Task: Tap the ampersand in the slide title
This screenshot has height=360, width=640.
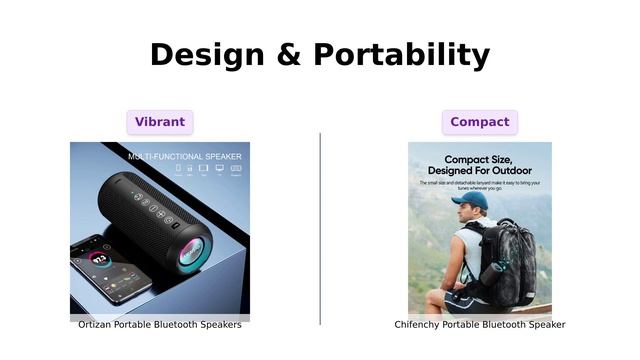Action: (289, 54)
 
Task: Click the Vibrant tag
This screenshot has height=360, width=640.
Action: (160, 122)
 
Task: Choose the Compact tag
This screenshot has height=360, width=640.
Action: (479, 122)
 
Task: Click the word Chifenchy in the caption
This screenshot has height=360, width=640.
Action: (417, 324)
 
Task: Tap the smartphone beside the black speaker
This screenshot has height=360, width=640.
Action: (106, 268)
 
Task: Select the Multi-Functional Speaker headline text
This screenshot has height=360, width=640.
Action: (184, 156)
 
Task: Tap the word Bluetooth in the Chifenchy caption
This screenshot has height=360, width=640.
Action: (505, 324)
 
